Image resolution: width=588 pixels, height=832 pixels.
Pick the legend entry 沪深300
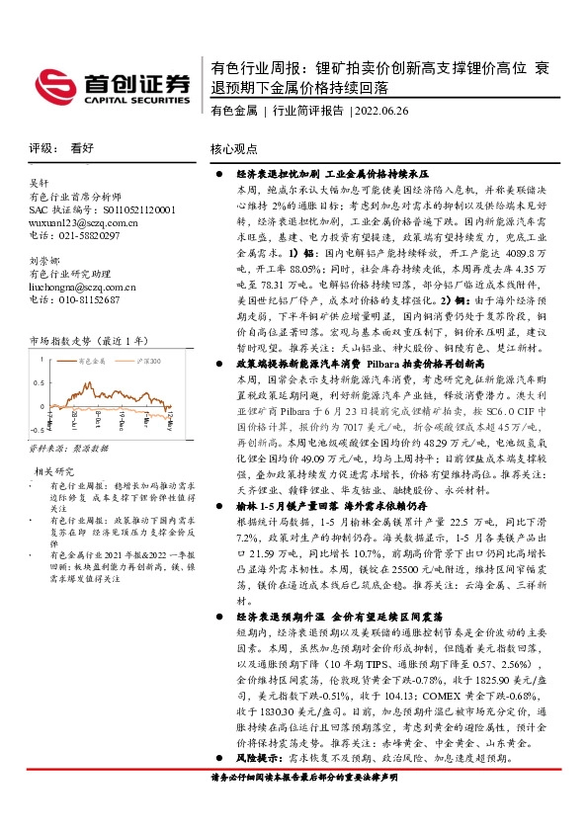click(x=154, y=364)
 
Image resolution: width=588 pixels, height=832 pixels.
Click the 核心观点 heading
click(x=233, y=148)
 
